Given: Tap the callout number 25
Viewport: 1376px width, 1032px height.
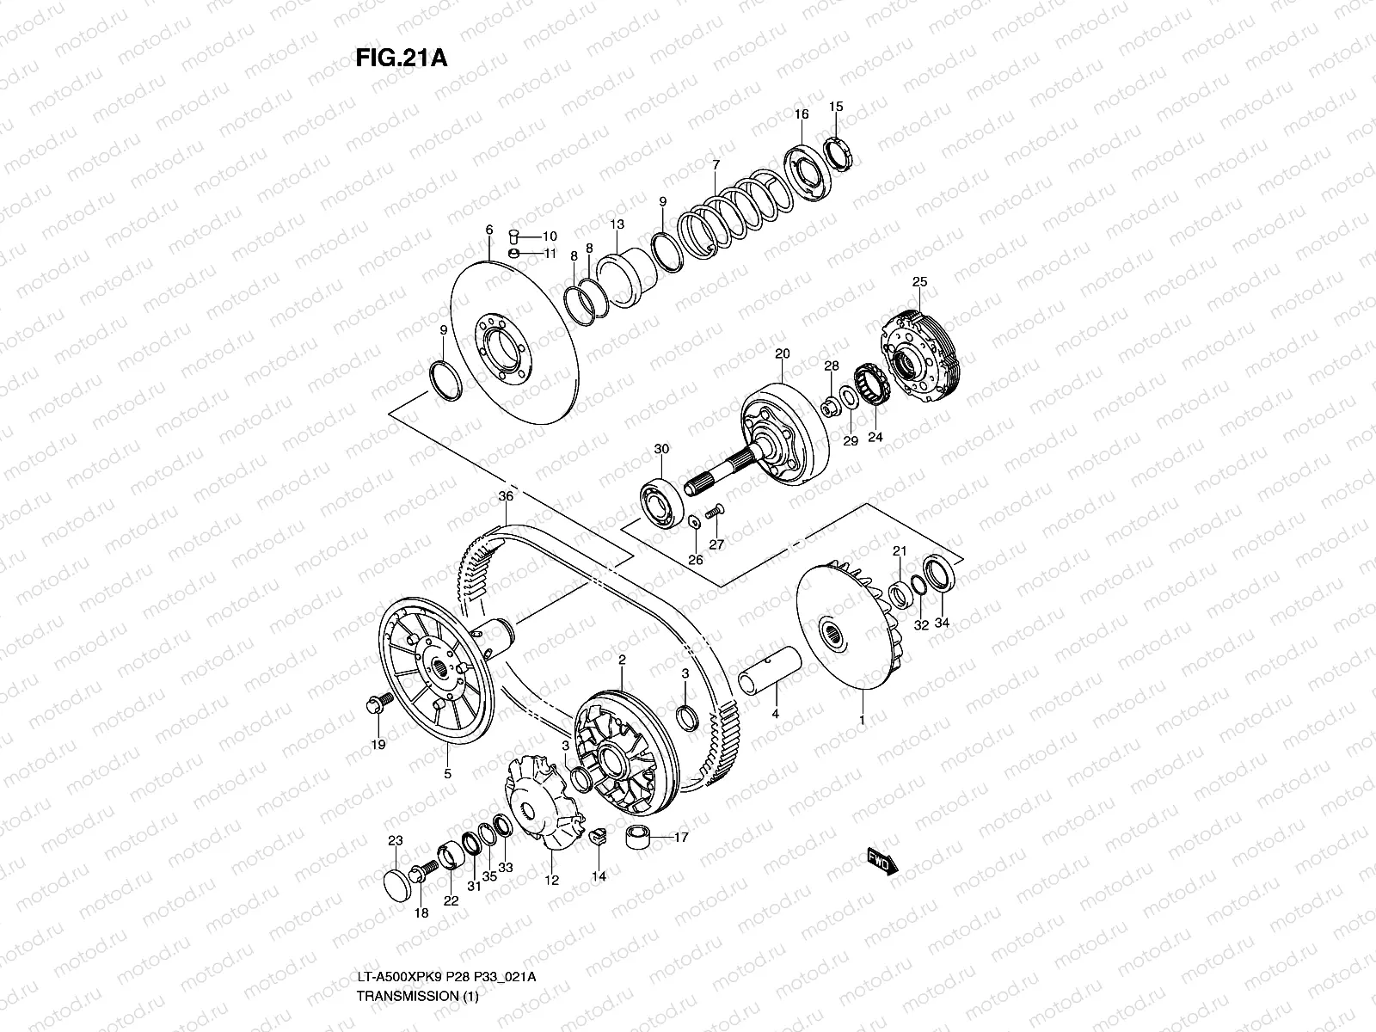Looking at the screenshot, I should tap(919, 282).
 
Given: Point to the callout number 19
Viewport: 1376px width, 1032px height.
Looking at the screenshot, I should tap(378, 744).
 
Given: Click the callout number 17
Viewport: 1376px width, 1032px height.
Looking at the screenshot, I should tap(681, 836).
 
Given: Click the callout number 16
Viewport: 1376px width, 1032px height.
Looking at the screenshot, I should tap(802, 114).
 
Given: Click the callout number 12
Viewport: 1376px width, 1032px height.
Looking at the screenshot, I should tap(551, 880).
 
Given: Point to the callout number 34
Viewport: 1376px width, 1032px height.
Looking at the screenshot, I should tap(941, 623).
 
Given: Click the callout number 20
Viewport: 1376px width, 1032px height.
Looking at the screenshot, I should tap(782, 353).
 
